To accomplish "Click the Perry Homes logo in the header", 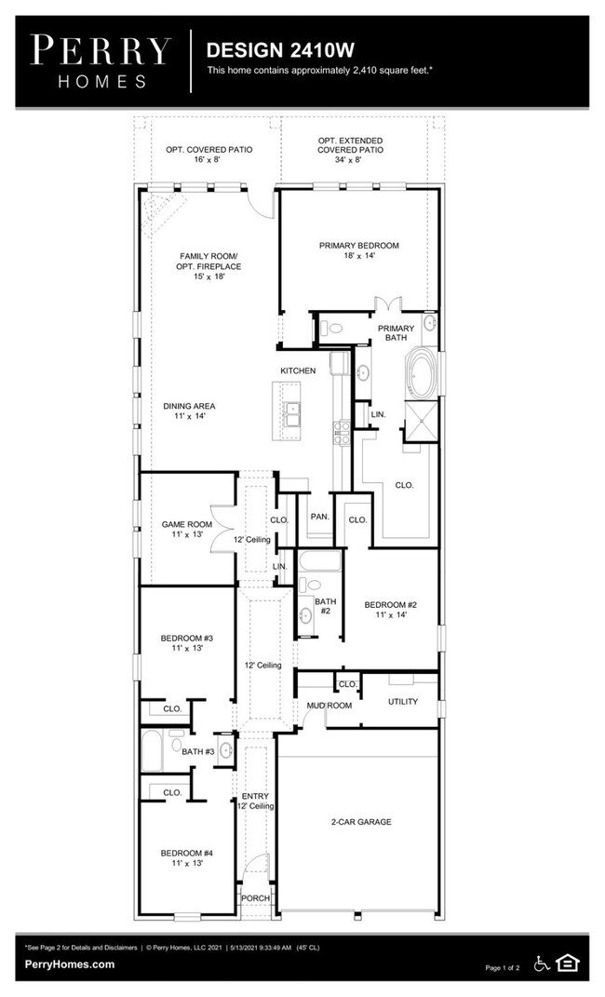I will (101, 61).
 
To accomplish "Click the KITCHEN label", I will (299, 371).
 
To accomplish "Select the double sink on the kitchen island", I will (293, 411).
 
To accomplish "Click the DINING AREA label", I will (190, 411).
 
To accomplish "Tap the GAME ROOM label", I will (186, 530).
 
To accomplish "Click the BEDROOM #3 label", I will (186, 643).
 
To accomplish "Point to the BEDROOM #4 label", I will (186, 856).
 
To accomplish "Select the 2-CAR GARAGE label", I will (360, 822).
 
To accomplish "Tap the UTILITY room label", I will (403, 701).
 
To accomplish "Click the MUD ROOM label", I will (329, 706).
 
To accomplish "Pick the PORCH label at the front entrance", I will (255, 898).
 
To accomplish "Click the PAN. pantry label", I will (318, 516).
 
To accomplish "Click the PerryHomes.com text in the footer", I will (71, 964).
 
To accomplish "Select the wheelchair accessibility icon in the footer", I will (542, 963).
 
